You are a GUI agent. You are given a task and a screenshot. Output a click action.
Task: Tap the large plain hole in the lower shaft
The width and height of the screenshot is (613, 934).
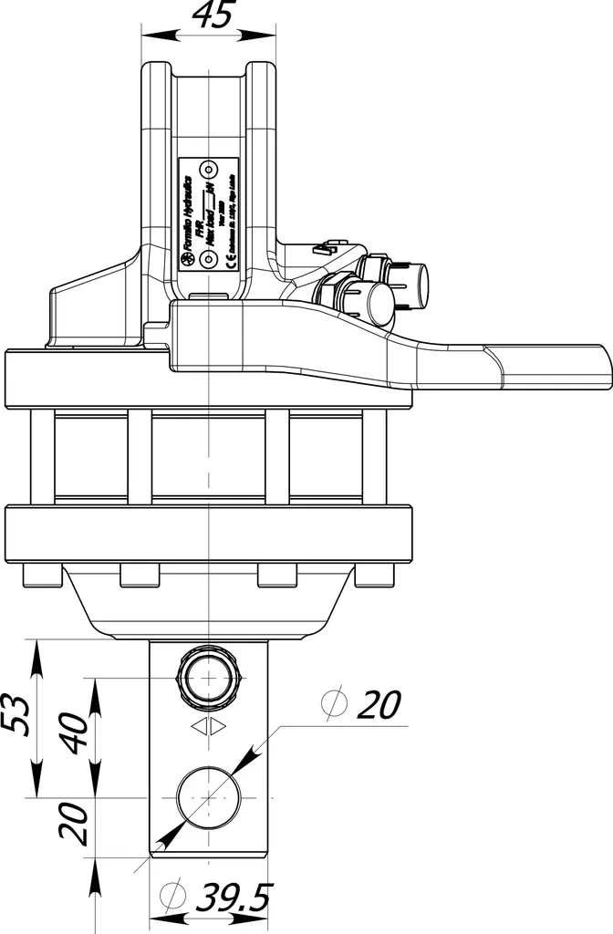pos(209,795)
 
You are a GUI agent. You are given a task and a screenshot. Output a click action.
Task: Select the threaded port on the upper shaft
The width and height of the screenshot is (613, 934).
pos(209,680)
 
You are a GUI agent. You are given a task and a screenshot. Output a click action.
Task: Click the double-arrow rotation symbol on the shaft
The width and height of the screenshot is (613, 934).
pos(209,727)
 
